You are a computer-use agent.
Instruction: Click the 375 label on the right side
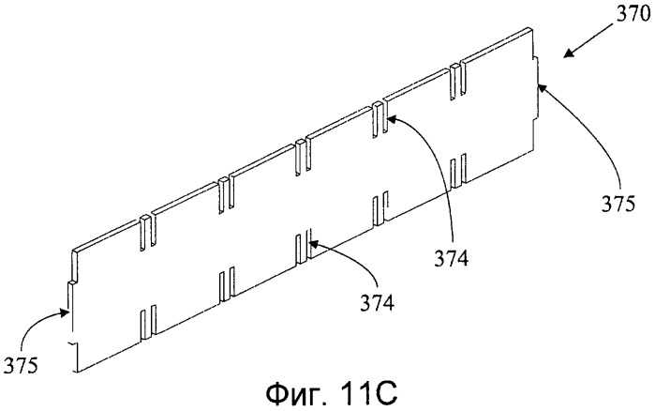(618, 204)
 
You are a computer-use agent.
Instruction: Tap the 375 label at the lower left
(21, 365)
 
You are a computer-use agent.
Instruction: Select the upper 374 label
(451, 258)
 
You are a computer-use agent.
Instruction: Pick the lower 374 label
(378, 303)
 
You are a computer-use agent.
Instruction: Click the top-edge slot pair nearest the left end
(148, 234)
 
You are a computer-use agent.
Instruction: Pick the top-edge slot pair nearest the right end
(457, 81)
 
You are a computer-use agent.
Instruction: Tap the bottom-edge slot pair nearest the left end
(148, 322)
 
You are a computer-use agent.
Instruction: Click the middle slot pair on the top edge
(303, 157)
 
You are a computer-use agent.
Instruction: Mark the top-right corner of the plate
(534, 29)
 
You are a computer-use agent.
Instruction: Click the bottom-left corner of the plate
(76, 372)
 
